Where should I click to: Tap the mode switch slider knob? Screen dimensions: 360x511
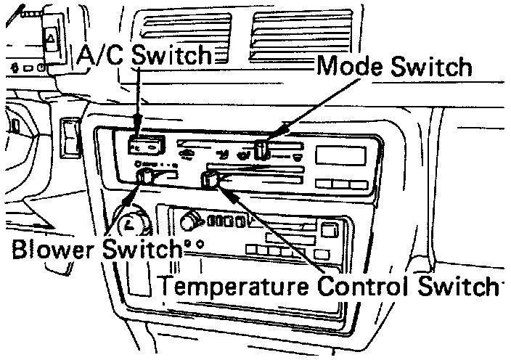click(x=262, y=150)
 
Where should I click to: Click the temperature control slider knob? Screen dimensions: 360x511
click(x=211, y=179)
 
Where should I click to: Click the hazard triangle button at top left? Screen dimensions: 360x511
click(x=52, y=35)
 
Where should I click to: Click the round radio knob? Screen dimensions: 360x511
click(x=192, y=219)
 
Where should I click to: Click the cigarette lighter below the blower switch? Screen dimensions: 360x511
click(x=131, y=221)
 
